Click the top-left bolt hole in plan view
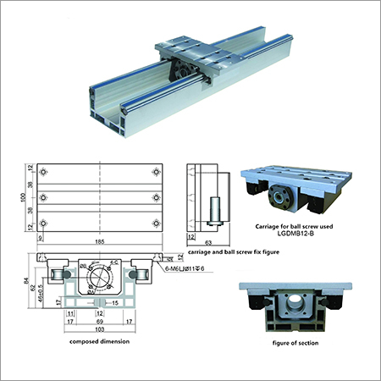click(46, 172)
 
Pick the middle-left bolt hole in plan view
click(46, 197)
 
